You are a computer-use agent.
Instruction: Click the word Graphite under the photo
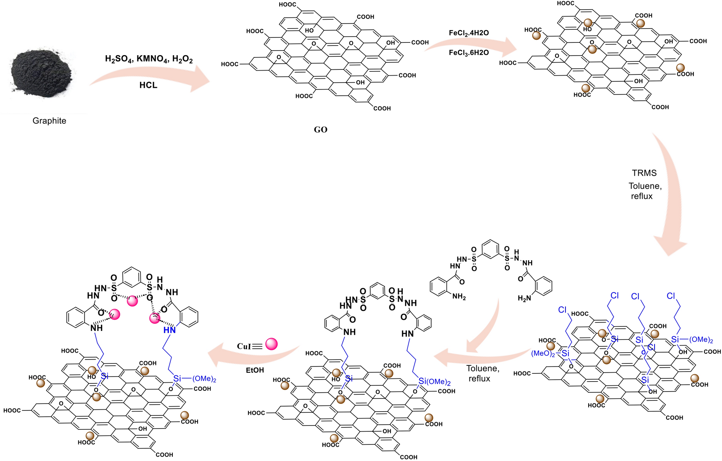49,121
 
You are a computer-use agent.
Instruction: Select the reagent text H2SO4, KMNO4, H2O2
148,59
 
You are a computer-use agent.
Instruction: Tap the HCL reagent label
148,85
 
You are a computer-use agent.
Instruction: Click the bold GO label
321,130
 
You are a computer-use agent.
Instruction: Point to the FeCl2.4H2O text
469,33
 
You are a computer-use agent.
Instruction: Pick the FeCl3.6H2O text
469,53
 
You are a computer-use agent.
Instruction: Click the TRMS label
644,173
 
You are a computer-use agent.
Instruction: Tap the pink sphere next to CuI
272,344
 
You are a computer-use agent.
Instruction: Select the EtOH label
255,370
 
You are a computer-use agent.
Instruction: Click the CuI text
244,346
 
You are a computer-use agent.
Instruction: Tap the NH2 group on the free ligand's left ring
459,297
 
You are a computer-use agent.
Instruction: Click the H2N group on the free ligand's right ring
524,298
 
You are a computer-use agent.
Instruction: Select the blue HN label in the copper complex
169,330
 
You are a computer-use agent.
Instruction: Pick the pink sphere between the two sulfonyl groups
132,301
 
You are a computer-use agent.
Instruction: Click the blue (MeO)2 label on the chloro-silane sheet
543,353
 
